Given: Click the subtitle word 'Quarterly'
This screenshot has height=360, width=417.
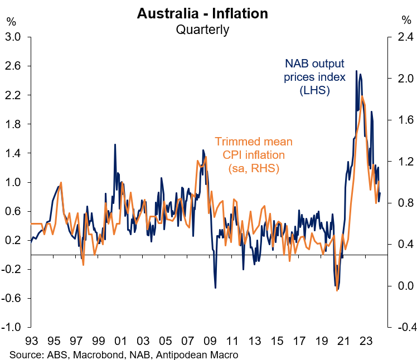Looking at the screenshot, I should (202, 29).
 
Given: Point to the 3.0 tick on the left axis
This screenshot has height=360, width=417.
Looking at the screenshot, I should (13, 37).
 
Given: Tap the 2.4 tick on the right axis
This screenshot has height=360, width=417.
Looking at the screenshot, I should (403, 37).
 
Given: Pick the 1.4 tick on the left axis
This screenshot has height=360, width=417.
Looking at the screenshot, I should (13, 153).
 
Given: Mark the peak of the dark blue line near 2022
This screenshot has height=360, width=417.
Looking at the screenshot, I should (357, 71).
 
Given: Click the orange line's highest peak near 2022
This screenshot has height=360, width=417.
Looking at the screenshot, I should (362, 96).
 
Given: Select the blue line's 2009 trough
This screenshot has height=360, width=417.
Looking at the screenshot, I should (216, 288).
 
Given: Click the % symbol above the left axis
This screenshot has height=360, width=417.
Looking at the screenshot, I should (11, 21).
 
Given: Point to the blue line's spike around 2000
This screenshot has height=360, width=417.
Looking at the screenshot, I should (115, 144).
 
